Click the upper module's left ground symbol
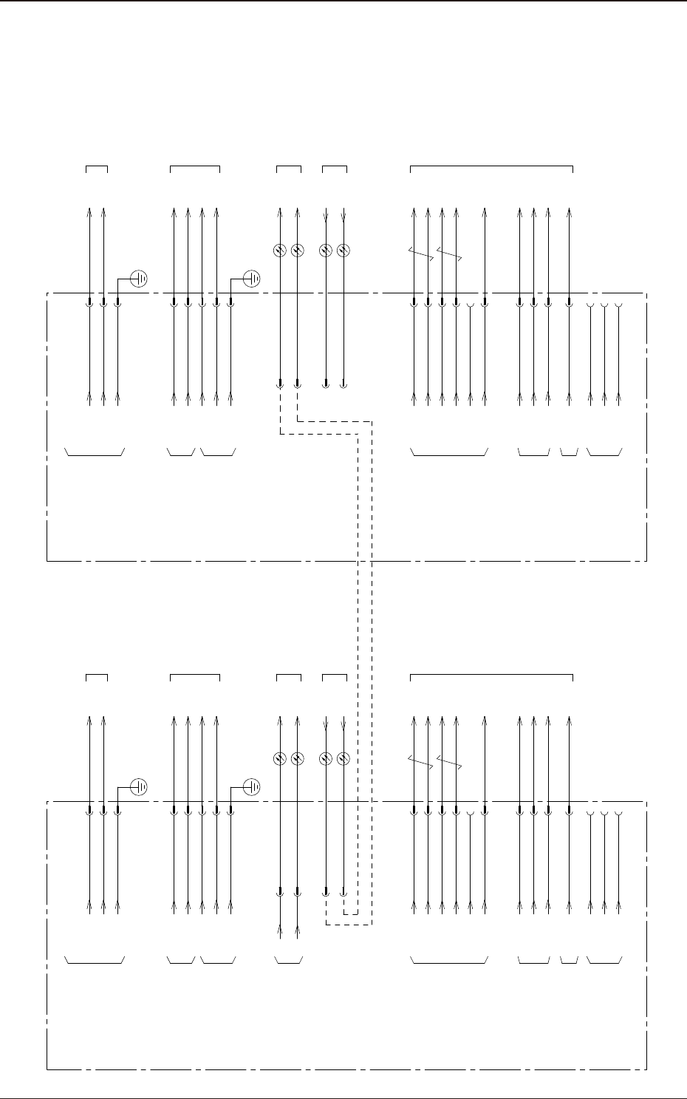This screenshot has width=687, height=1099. click(x=139, y=279)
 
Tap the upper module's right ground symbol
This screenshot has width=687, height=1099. click(x=251, y=279)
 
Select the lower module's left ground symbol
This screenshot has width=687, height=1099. click(x=139, y=787)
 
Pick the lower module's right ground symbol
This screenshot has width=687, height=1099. click(x=251, y=787)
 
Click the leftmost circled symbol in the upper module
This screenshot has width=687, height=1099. click(x=280, y=251)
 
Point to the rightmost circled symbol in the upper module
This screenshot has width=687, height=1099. click(x=343, y=251)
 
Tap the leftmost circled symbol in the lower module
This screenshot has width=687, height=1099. click(x=280, y=758)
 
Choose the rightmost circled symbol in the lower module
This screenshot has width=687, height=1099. click(x=343, y=758)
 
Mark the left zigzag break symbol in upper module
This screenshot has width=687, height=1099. click(x=420, y=253)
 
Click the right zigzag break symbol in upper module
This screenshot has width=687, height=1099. click(x=449, y=253)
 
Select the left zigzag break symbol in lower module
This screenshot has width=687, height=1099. click(x=420, y=761)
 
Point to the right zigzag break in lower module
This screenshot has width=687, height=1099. click(x=449, y=761)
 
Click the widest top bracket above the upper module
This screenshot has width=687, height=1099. click(x=491, y=167)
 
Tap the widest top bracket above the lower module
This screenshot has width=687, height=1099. click(x=491, y=676)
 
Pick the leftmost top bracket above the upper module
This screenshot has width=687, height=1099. click(x=97, y=168)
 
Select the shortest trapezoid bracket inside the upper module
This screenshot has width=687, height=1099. click(x=569, y=453)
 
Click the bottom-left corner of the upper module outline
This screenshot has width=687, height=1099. click(x=47, y=561)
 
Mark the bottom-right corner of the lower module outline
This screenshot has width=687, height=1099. click(x=647, y=1069)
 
